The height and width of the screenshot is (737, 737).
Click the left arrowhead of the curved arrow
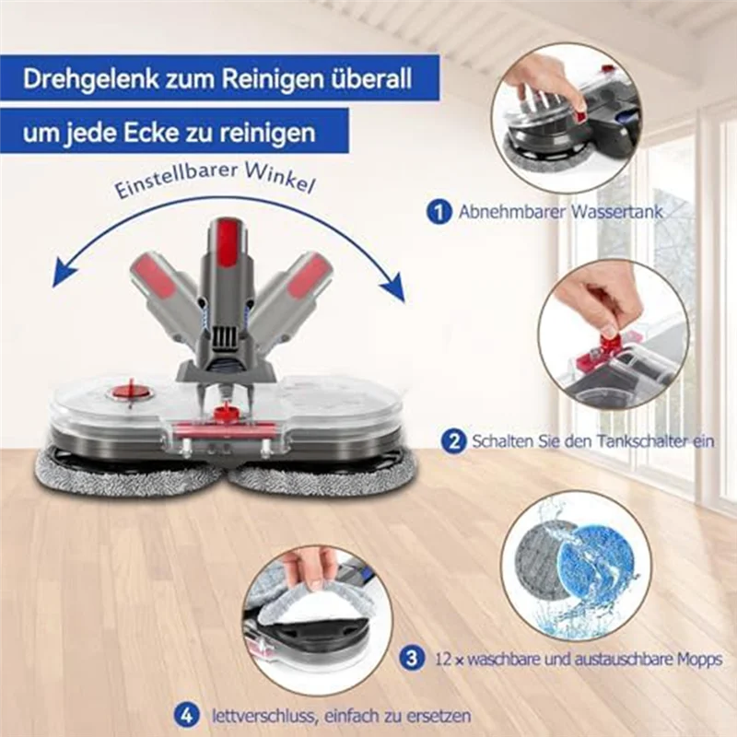tap(62, 274)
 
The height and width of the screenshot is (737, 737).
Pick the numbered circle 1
tap(439, 212)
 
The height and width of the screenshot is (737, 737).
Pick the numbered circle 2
tap(452, 441)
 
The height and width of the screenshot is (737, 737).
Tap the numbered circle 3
tap(413, 659)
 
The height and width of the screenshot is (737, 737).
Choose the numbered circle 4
tap(188, 714)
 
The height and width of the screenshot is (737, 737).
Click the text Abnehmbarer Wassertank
tap(560, 213)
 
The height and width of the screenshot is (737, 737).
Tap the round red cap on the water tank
tap(126, 392)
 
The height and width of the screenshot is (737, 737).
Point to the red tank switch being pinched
tap(609, 345)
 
